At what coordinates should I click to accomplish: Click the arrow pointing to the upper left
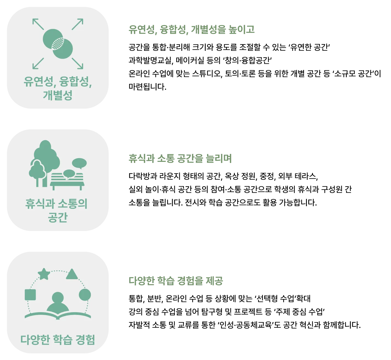click(38, 24)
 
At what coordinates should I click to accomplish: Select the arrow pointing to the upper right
click(78, 24)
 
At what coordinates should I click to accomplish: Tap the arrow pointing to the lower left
click(38, 63)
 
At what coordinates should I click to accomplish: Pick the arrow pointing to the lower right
click(78, 63)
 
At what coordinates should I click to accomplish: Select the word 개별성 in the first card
click(58, 95)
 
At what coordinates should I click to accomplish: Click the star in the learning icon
click(44, 274)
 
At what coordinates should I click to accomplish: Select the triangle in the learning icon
click(72, 274)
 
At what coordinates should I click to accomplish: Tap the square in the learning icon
click(30, 295)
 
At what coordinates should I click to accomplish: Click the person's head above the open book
click(58, 298)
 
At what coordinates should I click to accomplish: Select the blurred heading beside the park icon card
click(180, 159)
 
